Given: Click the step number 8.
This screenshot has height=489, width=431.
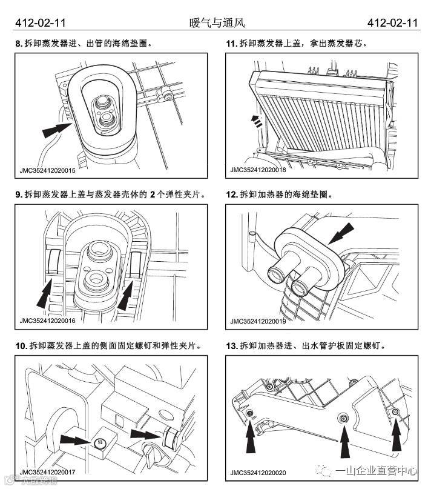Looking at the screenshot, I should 19,44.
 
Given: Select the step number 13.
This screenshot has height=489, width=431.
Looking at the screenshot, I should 231,346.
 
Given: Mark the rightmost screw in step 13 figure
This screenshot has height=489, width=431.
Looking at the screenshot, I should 395,412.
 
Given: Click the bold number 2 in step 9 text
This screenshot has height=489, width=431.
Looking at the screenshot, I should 153,195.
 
